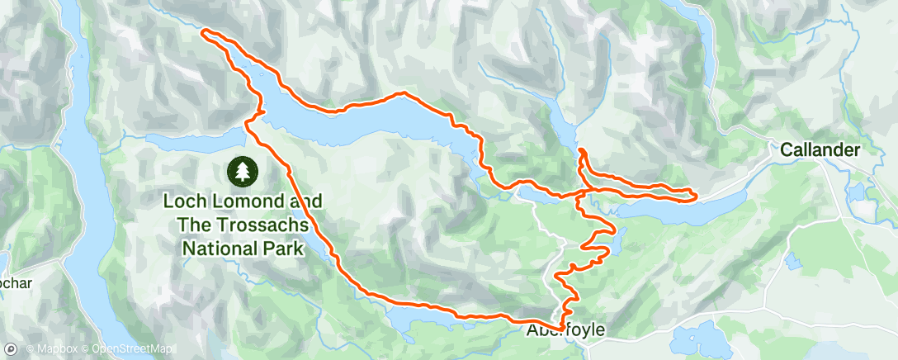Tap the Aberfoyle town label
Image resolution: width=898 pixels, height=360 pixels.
(565, 330)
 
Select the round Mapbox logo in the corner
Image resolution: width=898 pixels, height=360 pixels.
(11, 350)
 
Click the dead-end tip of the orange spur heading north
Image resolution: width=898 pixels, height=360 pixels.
(581, 149)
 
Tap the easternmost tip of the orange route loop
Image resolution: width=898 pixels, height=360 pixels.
(696, 195)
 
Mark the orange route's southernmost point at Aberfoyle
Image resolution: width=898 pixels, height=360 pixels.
(561, 329)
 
